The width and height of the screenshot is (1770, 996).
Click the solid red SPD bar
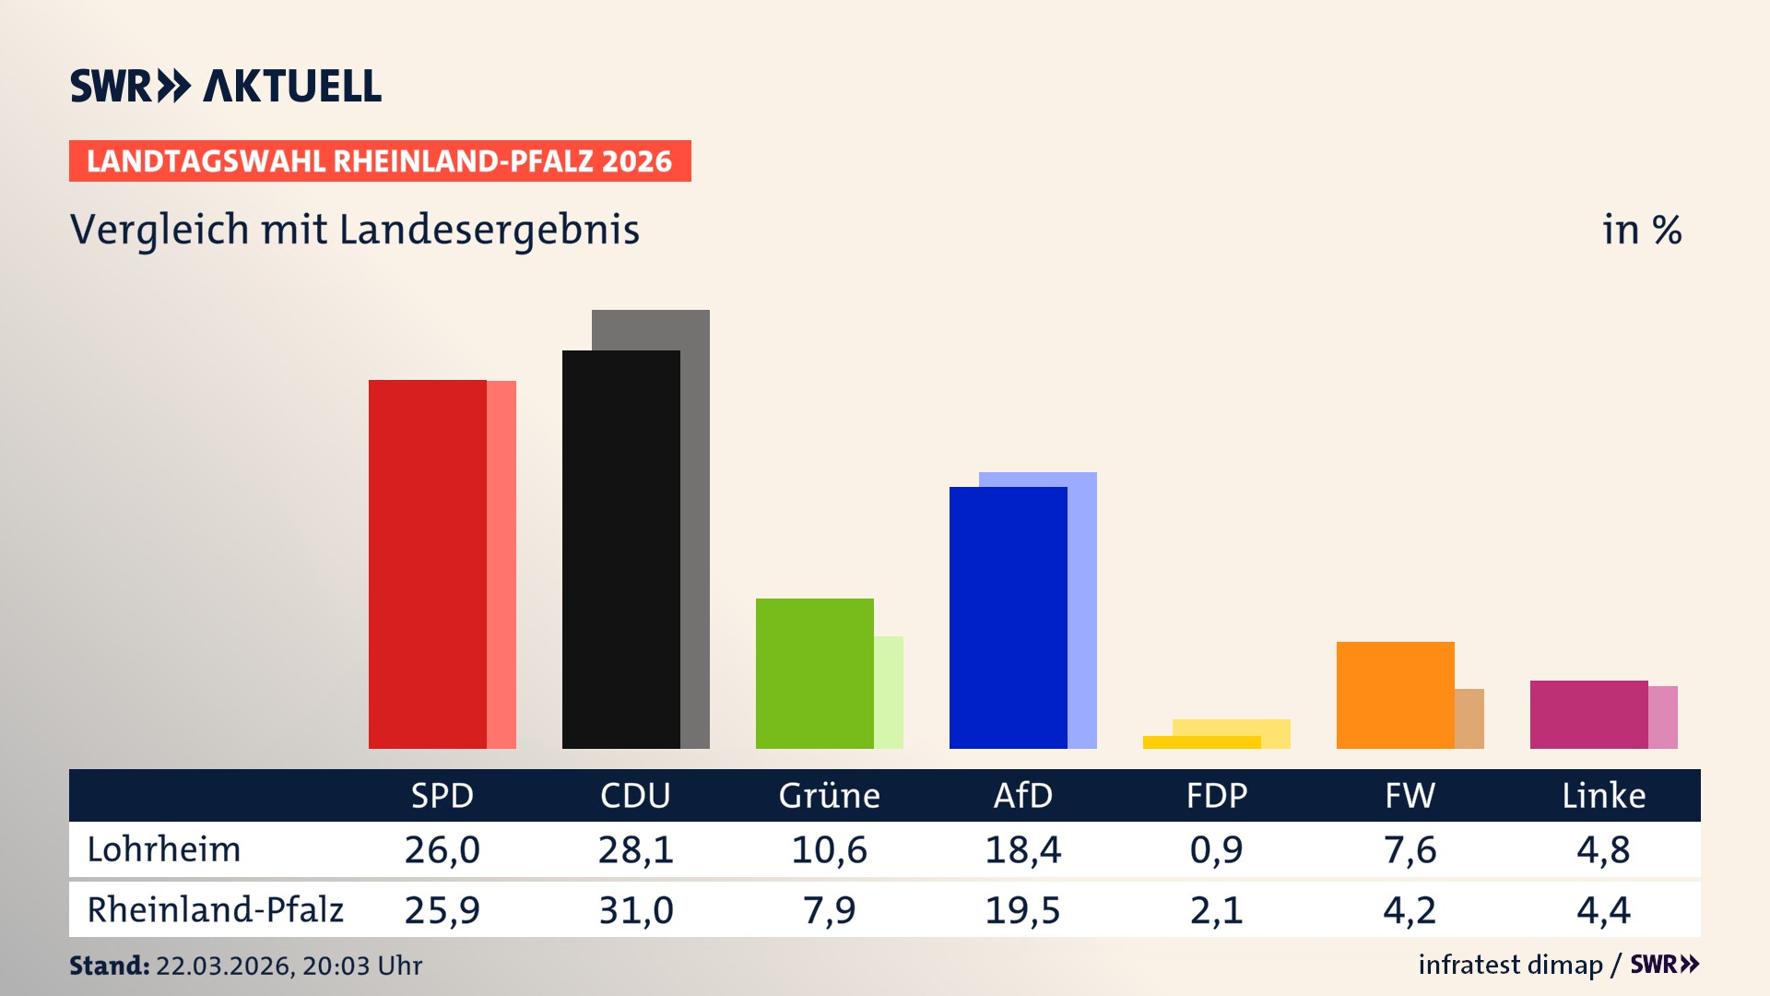pyautogui.click(x=427, y=563)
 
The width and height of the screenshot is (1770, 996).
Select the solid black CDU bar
pyautogui.click(x=620, y=549)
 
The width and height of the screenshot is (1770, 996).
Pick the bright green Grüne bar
pyautogui.click(x=814, y=673)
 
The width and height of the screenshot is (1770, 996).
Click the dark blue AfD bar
pyautogui.click(x=1008, y=617)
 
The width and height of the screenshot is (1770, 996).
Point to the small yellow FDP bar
pyautogui.click(x=1201, y=742)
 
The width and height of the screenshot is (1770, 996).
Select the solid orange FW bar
pyautogui.click(x=1395, y=694)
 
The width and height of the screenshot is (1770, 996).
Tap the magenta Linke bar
pyautogui.click(x=1588, y=714)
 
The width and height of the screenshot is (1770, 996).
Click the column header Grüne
pyautogui.click(x=829, y=796)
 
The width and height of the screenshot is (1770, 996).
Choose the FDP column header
pyautogui.click(x=1216, y=796)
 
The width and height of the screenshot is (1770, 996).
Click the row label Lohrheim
pyautogui.click(x=164, y=849)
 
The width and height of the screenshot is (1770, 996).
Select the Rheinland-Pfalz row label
pyautogui.click(x=215, y=910)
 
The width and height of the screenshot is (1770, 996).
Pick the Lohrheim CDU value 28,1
pyautogui.click(x=635, y=849)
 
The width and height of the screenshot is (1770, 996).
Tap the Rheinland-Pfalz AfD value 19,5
pyautogui.click(x=1022, y=910)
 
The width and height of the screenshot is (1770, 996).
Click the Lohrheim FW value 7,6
pyautogui.click(x=1410, y=849)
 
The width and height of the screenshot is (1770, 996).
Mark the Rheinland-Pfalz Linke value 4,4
pyautogui.click(x=1603, y=910)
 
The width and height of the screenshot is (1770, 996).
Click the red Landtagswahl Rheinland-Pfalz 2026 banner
pyautogui.click(x=380, y=161)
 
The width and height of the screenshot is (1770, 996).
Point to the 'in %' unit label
pyautogui.click(x=1641, y=230)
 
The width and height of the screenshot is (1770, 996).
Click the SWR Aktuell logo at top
pyautogui.click(x=226, y=86)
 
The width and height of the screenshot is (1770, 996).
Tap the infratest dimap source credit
pyautogui.click(x=1510, y=965)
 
